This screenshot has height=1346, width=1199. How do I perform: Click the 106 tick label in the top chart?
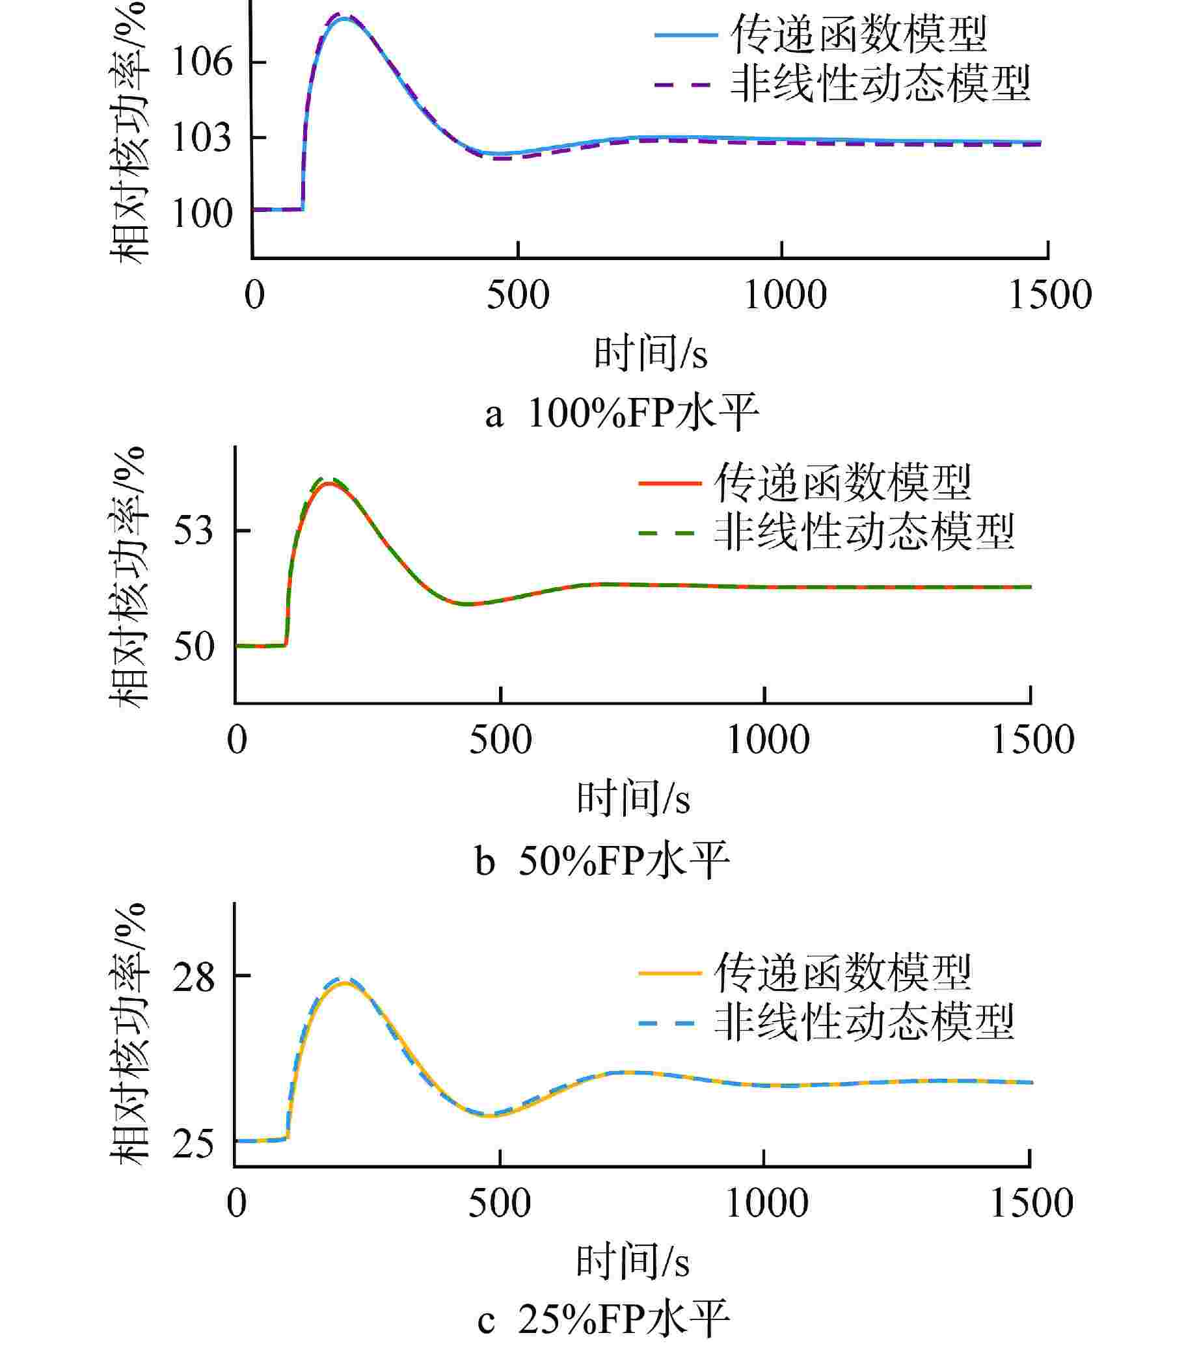(202, 62)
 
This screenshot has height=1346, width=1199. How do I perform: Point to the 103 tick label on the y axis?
(202, 139)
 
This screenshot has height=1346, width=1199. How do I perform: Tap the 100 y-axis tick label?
(202, 214)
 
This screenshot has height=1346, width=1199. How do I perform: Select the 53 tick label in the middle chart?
(194, 530)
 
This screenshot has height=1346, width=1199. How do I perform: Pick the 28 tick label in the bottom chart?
(194, 977)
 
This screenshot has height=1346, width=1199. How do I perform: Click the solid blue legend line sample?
(685, 34)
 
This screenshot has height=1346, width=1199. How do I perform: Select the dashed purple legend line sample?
(685, 85)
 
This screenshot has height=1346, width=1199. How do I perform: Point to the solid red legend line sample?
(669, 484)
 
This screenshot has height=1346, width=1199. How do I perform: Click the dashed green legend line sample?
(669, 532)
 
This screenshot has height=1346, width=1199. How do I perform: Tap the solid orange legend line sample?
(669, 973)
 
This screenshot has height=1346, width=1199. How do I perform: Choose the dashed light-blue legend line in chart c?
(669, 1023)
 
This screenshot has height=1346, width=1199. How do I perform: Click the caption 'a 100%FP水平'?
(622, 414)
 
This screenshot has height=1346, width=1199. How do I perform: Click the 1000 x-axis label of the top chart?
(785, 295)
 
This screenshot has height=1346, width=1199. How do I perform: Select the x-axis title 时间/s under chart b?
(633, 798)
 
